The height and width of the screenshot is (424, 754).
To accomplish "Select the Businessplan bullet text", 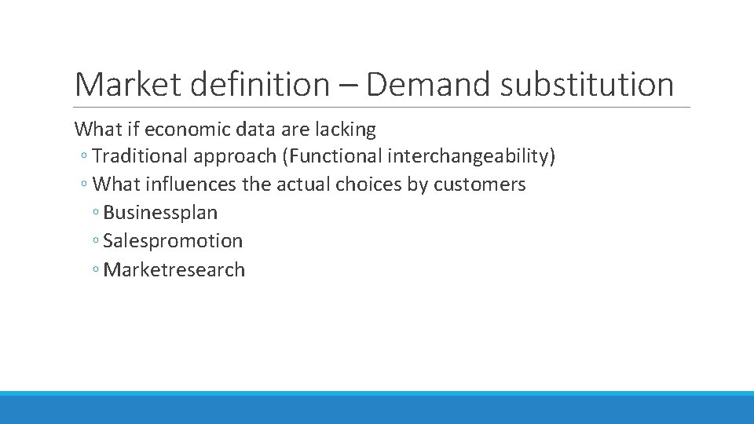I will coord(160,213).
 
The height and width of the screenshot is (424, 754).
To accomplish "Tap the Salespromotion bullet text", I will coord(173,241).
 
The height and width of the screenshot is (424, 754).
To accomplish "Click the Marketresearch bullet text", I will coord(174,269).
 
